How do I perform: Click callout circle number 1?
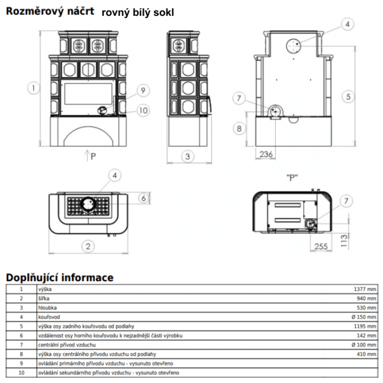(x=33, y=89)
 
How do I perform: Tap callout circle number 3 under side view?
(x=188, y=156)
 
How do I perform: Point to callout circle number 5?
(x=349, y=96)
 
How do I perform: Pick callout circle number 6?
(x=143, y=198)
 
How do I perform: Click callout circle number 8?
(x=239, y=128)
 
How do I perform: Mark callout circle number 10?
(x=143, y=111)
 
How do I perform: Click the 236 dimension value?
(x=266, y=154)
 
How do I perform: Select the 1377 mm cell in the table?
(x=365, y=290)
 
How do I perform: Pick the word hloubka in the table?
(x=47, y=307)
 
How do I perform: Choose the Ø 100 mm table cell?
(x=363, y=345)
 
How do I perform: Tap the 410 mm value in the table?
(x=367, y=354)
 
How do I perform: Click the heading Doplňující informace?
(x=59, y=278)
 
